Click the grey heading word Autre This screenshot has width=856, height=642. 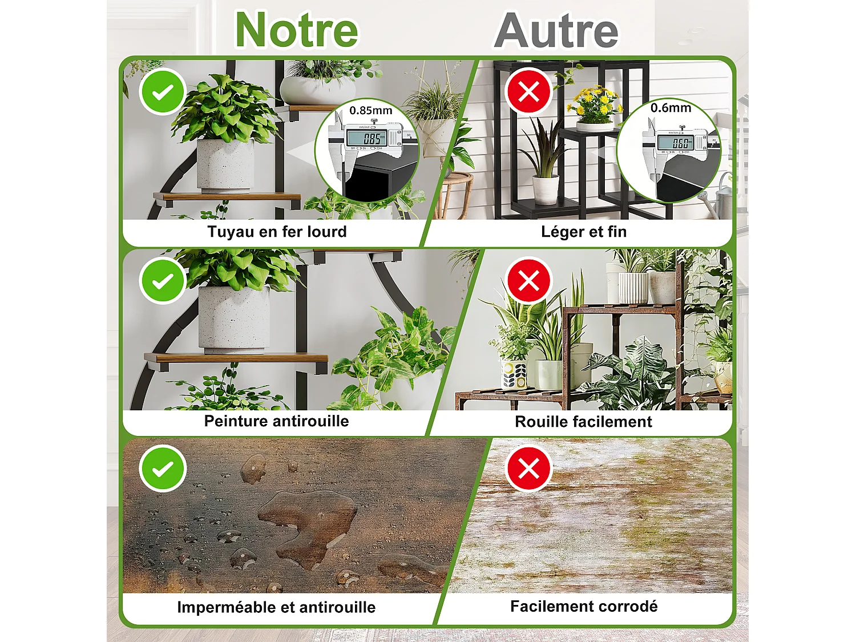pos(556,31)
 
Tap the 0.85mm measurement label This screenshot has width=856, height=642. pos(371,111)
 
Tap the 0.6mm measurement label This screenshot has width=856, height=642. pos(671,108)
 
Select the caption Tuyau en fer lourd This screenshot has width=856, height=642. pos(277,232)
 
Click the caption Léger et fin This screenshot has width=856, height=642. pos(584,232)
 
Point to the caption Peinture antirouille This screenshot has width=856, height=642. pos(276,421)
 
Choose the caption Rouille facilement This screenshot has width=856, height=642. pos(583,422)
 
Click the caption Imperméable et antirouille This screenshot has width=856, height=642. pos(276,607)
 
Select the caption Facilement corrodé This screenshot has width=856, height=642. pos(584,606)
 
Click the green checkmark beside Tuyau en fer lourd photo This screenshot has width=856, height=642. pos(163,91)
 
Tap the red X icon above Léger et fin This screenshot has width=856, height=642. pos(528,91)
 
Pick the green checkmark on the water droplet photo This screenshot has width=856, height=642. pos(163,469)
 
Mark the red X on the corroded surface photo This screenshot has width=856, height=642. pos(528,469)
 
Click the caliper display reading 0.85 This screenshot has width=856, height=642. pos(372,138)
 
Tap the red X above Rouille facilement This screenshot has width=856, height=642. pos(528,280)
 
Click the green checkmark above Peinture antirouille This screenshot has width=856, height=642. pos(163,280)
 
